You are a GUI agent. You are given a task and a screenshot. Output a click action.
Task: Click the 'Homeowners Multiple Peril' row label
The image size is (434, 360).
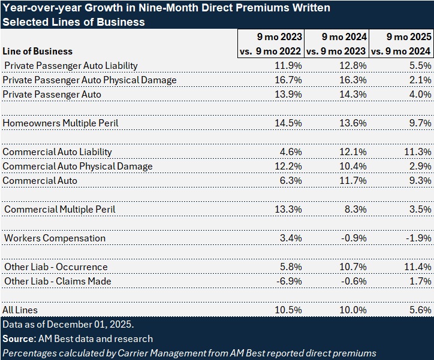click(61, 123)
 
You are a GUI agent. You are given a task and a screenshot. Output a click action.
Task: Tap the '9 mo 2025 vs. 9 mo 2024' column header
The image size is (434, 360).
click(401, 44)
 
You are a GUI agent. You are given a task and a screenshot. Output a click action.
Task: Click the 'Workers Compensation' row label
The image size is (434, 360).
click(55, 238)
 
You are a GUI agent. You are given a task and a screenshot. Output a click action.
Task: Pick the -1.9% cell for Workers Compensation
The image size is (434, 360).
click(418, 238)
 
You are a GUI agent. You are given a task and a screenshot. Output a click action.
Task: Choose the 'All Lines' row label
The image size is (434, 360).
click(20, 310)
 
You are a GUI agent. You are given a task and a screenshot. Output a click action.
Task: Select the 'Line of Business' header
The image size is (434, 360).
click(38, 51)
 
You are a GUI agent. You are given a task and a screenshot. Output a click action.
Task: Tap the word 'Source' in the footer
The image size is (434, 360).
click(17, 338)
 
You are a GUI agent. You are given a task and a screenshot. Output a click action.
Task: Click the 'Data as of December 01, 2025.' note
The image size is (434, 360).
click(68, 324)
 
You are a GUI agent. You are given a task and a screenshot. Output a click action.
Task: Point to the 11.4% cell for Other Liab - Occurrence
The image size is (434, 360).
click(417, 267)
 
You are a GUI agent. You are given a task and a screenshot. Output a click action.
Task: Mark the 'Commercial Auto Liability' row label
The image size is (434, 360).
click(58, 152)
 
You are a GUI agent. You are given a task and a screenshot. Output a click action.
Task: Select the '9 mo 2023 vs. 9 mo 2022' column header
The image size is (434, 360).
click(271, 44)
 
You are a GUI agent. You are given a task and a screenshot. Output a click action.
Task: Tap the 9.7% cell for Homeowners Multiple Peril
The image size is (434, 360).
click(418, 123)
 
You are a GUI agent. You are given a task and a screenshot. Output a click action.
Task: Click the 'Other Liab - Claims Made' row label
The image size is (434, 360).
click(58, 281)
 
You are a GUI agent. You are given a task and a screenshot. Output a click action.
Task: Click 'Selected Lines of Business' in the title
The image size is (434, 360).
click(73, 22)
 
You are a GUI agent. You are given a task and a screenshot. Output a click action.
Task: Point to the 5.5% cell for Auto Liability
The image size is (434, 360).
click(418, 65)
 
